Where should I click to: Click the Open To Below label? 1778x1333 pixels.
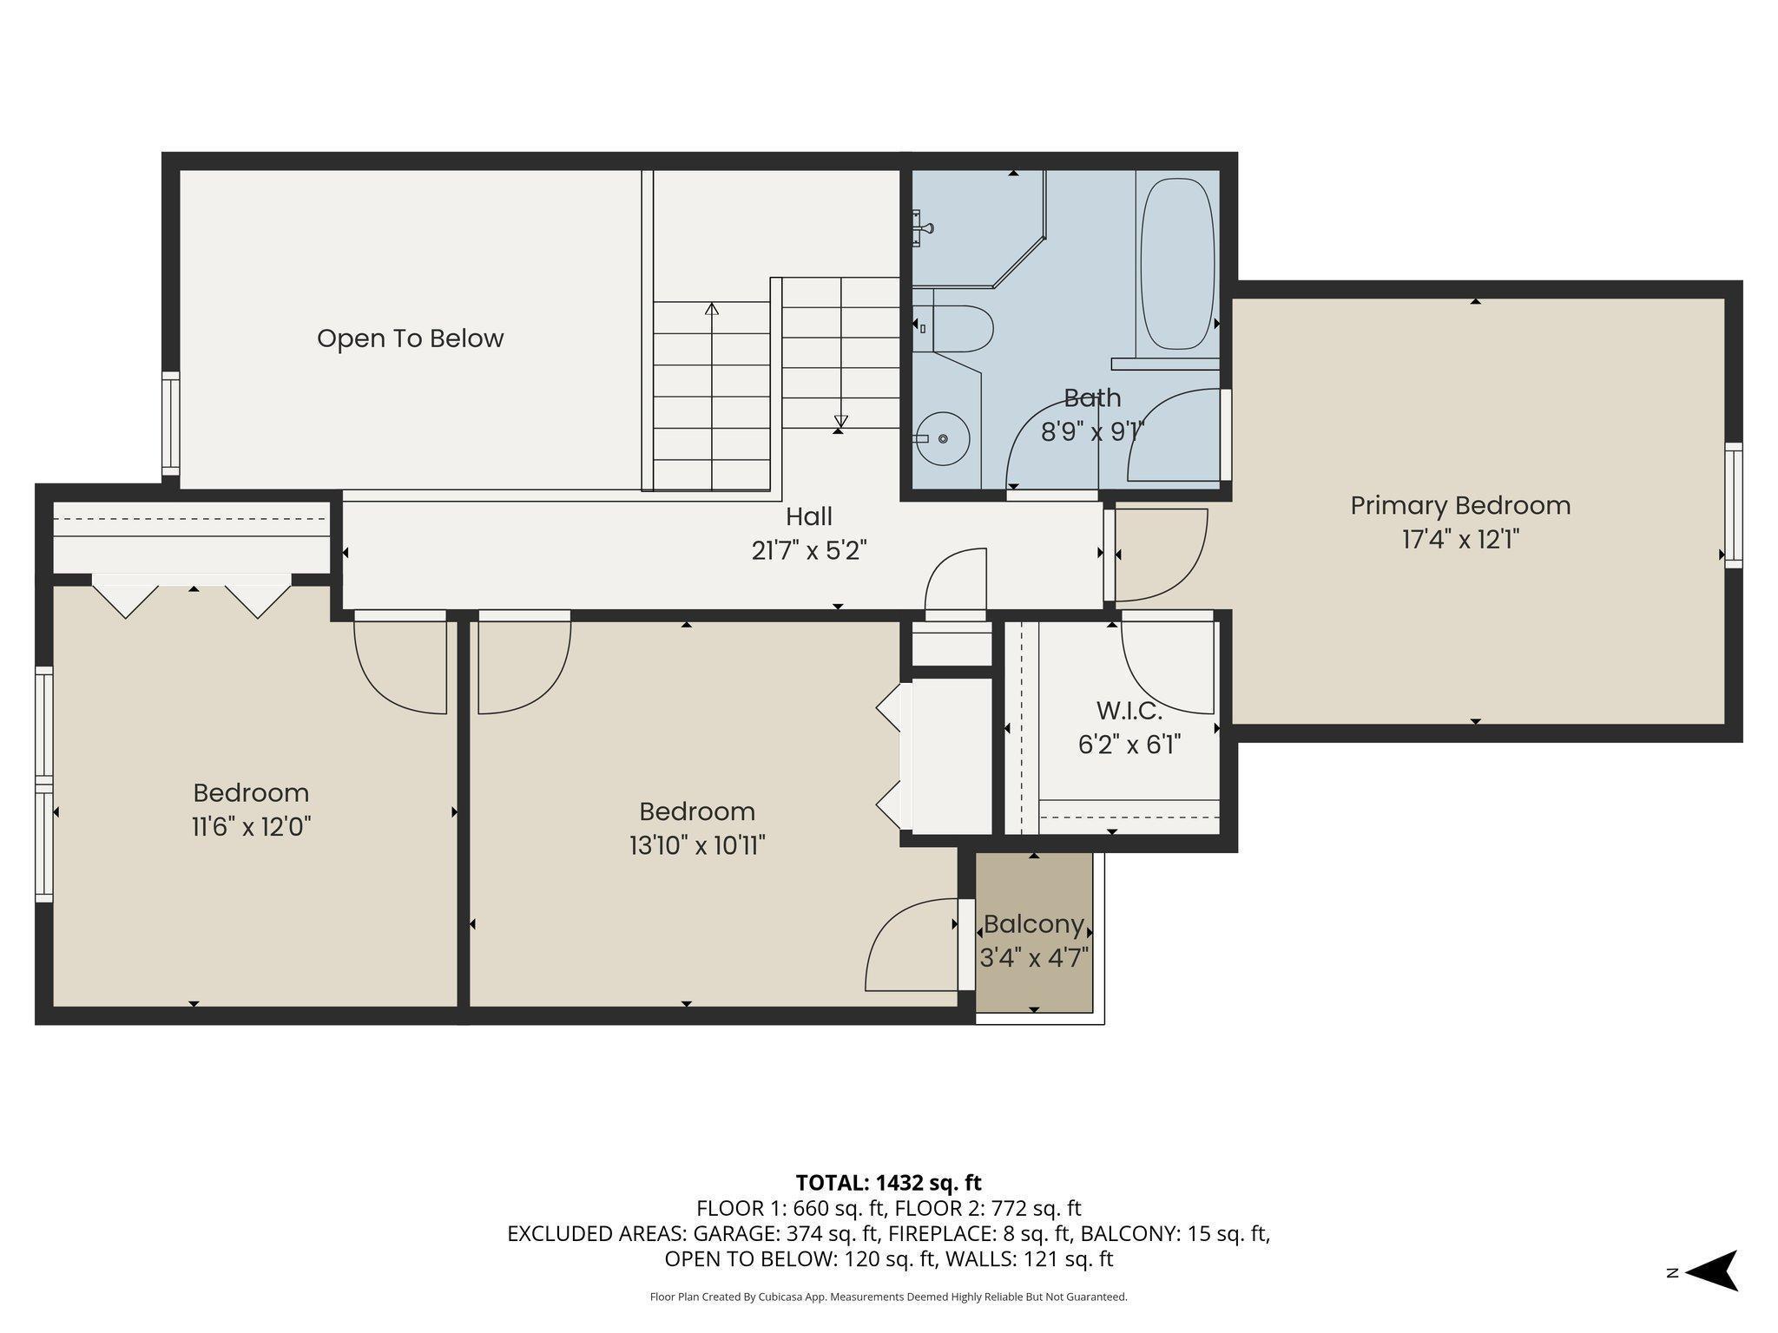click(410, 338)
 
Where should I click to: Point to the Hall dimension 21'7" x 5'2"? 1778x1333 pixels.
click(809, 550)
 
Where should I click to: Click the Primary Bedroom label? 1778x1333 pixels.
click(1460, 506)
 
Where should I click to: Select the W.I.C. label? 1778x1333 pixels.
click(1129, 711)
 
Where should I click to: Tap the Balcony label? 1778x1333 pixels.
click(1033, 925)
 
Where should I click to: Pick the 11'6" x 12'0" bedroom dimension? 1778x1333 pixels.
click(252, 826)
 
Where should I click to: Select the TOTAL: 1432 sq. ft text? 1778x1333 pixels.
click(888, 1183)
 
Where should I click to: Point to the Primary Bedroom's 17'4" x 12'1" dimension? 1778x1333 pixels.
click(1460, 540)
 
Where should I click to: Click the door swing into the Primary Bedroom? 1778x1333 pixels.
click(1162, 555)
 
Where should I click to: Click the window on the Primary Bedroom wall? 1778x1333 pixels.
click(1734, 505)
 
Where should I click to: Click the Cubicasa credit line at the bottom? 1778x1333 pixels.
click(888, 1297)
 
